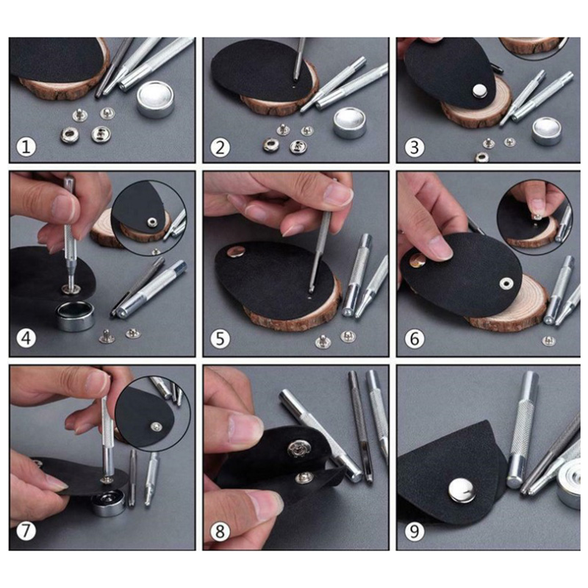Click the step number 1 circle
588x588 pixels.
[26, 146]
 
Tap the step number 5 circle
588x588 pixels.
[220, 339]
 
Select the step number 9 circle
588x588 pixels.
[415, 531]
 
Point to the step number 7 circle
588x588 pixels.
[26, 531]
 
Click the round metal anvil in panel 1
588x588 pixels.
[155, 99]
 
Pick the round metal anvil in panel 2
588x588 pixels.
[350, 123]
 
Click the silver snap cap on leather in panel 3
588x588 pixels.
[478, 90]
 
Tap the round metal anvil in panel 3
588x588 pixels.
[547, 132]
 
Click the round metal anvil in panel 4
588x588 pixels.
[75, 316]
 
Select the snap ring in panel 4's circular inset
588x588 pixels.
[152, 222]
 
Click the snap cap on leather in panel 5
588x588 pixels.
[235, 251]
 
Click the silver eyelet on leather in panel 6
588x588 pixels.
[506, 283]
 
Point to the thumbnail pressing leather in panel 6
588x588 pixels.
[440, 248]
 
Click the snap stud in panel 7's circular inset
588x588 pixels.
[156, 426]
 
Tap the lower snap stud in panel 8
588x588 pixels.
[304, 477]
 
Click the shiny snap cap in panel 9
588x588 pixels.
[462, 490]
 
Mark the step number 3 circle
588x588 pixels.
[415, 146]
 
